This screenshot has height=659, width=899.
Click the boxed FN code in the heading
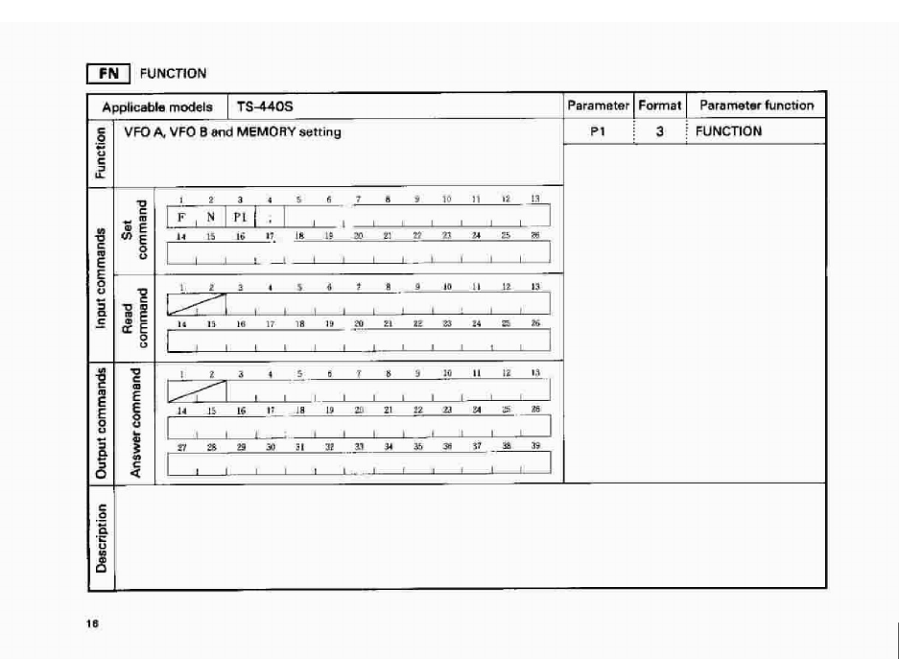(x=108, y=73)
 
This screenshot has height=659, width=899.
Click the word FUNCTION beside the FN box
(x=174, y=73)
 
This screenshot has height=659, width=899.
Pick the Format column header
(x=659, y=106)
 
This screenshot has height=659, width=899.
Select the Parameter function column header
(x=756, y=106)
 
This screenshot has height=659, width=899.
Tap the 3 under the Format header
(x=660, y=132)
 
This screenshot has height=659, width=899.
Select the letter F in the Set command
(x=180, y=216)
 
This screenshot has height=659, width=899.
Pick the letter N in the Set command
(x=210, y=216)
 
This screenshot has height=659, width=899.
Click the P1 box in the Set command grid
(x=240, y=216)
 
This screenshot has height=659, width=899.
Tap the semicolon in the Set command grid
(x=271, y=216)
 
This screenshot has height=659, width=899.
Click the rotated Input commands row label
(x=101, y=273)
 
